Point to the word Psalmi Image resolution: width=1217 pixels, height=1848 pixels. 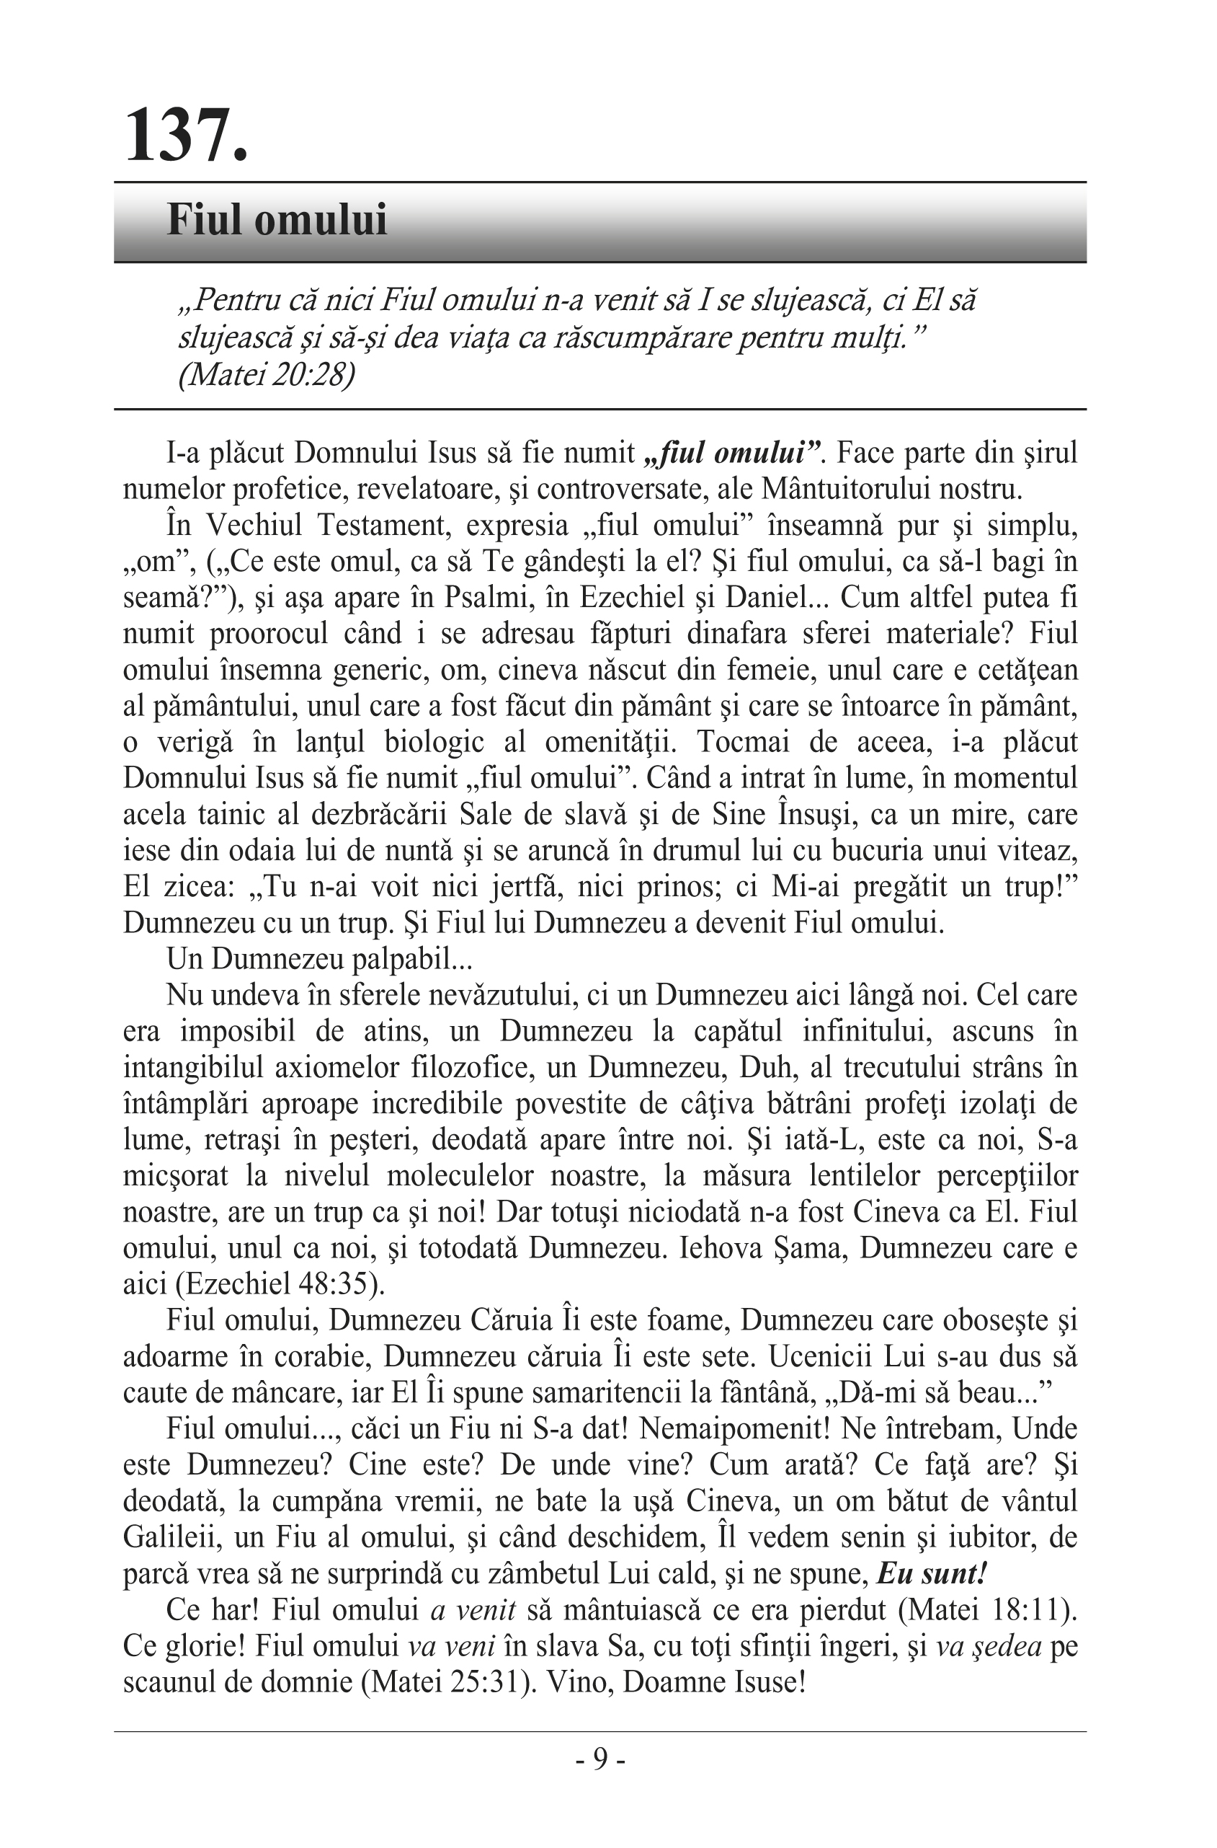[485, 597]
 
